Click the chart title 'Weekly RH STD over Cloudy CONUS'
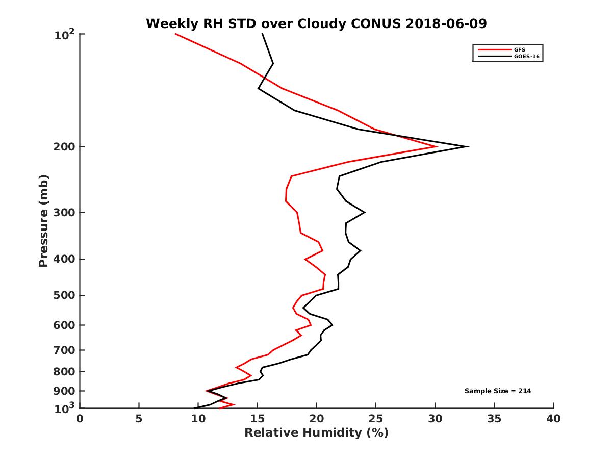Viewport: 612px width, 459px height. (316, 23)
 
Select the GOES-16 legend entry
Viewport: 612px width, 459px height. (525, 57)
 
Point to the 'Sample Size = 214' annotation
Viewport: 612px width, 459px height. (498, 391)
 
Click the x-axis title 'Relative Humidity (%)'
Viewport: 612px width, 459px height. (316, 433)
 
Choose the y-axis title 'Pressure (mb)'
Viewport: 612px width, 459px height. (43, 221)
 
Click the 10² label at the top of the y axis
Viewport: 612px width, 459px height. (65, 35)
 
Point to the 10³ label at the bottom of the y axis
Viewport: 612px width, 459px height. (65, 407)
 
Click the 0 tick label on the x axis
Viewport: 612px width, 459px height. (80, 419)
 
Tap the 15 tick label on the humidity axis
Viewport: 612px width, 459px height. (257, 419)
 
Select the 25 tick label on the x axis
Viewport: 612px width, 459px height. (375, 419)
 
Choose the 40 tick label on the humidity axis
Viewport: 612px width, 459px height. (553, 419)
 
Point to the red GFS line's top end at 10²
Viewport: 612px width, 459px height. (175, 34)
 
